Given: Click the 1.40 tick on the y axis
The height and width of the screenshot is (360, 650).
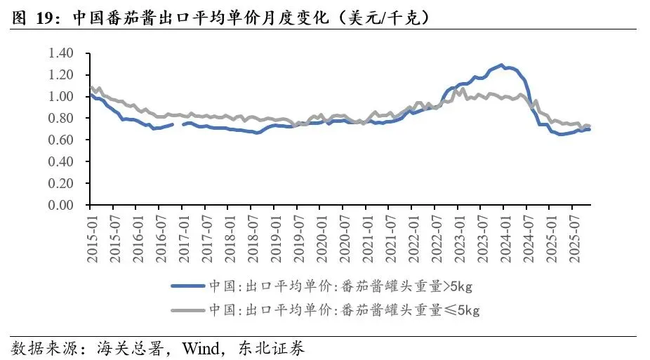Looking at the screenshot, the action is [x=60, y=53].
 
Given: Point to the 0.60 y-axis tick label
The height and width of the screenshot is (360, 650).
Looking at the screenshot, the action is [x=60, y=140].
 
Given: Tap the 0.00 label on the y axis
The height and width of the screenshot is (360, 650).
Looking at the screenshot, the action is [x=60, y=205].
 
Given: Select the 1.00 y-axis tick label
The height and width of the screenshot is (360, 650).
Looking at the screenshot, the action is [x=60, y=97].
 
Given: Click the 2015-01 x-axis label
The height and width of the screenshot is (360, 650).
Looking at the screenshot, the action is [x=93, y=239].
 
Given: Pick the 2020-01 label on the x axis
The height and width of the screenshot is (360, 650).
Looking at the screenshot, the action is [x=322, y=239].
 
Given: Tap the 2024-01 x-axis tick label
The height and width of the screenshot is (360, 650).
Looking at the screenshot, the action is [x=506, y=239].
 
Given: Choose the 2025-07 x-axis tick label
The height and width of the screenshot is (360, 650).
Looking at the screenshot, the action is [x=575, y=239].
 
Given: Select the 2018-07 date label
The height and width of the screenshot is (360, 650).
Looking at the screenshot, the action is [x=253, y=239].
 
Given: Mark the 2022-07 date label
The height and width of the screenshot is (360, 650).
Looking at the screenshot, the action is [x=437, y=239].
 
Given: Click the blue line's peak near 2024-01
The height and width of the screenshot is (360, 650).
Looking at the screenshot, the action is [x=502, y=65].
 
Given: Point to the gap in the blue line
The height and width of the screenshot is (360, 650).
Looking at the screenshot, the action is [x=178, y=124].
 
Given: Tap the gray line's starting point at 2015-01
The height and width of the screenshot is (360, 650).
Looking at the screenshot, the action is [x=91, y=87].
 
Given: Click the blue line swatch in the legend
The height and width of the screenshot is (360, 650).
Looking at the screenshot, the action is [x=188, y=286].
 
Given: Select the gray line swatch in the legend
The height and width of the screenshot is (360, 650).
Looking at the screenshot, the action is [x=188, y=310].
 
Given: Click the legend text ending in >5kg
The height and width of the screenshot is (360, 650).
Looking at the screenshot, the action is [x=340, y=286].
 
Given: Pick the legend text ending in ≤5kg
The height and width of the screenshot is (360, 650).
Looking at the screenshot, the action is [x=344, y=310].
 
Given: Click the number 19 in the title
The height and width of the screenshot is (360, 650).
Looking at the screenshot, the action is [x=45, y=18].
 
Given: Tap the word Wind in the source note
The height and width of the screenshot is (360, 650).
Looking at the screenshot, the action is [x=201, y=348].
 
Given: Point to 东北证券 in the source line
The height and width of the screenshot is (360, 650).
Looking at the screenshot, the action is [x=271, y=348].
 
